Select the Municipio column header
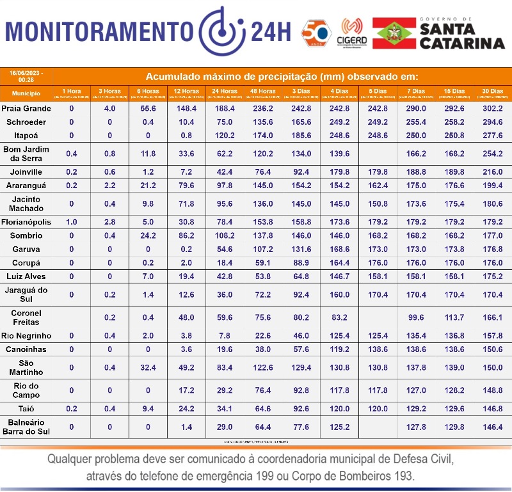pyautogui.click(x=26, y=93)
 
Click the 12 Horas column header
pyautogui.click(x=186, y=91)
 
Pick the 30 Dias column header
pyautogui.click(x=492, y=91)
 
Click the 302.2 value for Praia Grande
pyautogui.click(x=492, y=109)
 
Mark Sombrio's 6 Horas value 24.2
pyautogui.click(x=148, y=236)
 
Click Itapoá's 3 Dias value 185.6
pyautogui.click(x=301, y=136)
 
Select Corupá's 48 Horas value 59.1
pyautogui.click(x=262, y=263)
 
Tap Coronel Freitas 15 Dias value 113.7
pyautogui.click(x=453, y=317)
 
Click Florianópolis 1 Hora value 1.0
pyautogui.click(x=72, y=222)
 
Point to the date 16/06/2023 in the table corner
pyautogui.click(x=26, y=73)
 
